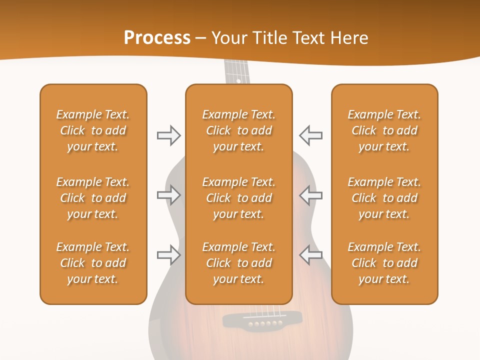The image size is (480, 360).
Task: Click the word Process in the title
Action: tap(157, 38)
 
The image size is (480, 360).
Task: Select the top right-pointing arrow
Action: tap(169, 135)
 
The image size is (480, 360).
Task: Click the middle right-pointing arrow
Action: tap(169, 195)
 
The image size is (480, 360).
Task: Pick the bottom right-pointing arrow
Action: tap(169, 255)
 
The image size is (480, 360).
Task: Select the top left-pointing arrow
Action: tap(310, 135)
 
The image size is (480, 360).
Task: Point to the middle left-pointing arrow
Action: tap(310, 195)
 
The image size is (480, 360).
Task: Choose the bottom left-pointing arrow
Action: tap(310, 255)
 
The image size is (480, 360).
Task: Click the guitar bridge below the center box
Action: tap(262, 319)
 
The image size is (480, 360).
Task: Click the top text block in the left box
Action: tap(93, 130)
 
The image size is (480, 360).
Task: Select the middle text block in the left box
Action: tap(93, 198)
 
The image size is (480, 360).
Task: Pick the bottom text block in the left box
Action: tap(93, 263)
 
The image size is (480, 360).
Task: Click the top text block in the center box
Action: tap(239, 130)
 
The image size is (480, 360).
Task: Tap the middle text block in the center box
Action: tap(239, 198)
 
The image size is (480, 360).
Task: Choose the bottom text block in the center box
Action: tap(239, 263)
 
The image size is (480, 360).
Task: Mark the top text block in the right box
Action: tap(384, 130)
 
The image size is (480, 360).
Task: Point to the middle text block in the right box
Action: tap(384, 198)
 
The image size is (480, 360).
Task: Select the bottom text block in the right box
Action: tap(384, 263)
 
